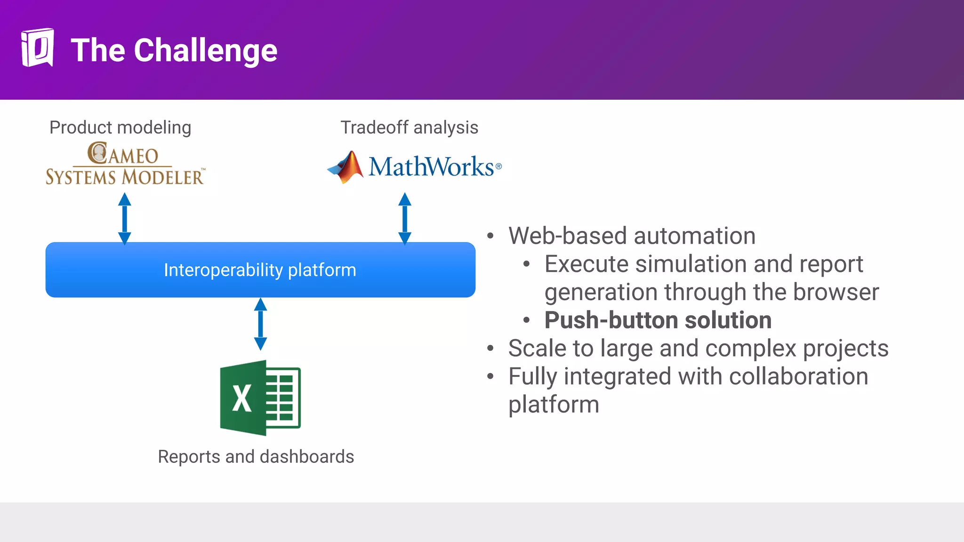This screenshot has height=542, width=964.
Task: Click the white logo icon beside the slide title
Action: click(37, 48)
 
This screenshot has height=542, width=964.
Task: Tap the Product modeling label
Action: click(120, 128)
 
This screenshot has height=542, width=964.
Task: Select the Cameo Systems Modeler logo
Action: click(125, 164)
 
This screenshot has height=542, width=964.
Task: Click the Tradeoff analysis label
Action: click(409, 128)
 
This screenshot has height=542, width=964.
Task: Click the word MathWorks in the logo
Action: click(431, 167)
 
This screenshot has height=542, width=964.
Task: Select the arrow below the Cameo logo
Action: click(124, 218)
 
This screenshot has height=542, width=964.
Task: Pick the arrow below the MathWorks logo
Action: click(405, 218)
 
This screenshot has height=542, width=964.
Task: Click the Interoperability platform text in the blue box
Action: click(260, 270)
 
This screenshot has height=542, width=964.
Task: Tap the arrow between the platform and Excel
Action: click(260, 324)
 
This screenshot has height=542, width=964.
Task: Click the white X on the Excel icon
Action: click(242, 399)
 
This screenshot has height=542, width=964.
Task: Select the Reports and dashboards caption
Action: click(256, 457)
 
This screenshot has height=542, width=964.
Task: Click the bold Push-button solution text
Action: click(658, 320)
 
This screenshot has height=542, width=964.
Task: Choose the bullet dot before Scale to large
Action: click(490, 349)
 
